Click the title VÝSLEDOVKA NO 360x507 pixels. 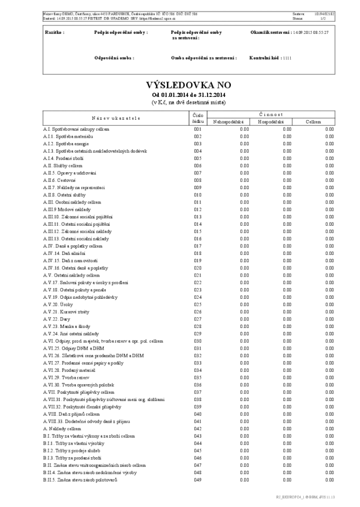point(188,85)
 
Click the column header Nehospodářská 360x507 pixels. point(228,122)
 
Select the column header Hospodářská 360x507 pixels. point(271,122)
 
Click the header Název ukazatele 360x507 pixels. point(115,118)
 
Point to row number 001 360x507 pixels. point(197,129)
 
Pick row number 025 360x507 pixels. point(197,305)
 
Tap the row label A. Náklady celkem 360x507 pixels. point(62,429)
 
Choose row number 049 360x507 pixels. point(197,480)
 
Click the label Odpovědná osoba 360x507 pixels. point(114,58)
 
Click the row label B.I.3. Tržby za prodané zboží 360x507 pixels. point(72,458)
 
